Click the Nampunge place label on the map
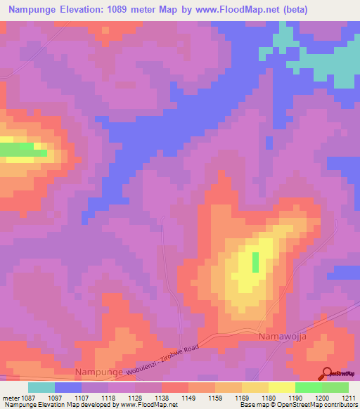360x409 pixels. coord(98,370)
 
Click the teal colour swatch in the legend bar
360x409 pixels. coord(41,387)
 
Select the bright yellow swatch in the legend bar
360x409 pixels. coord(281,387)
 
